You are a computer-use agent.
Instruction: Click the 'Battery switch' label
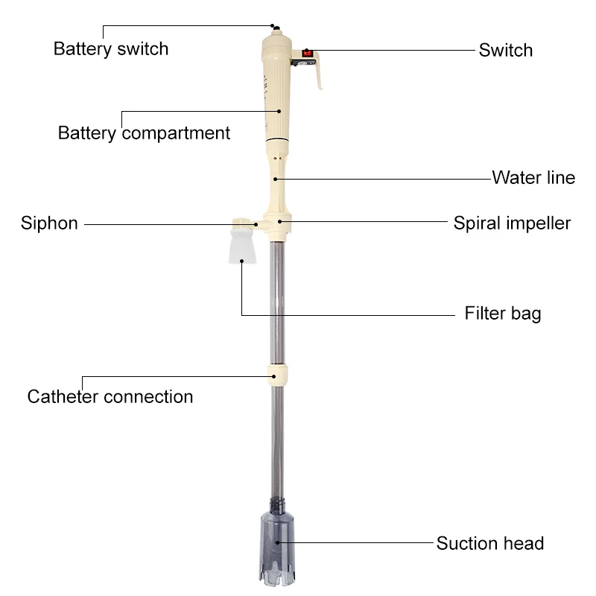coord(111,49)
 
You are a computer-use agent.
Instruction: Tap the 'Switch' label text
coord(506,51)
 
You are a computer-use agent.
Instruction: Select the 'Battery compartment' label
coord(144,133)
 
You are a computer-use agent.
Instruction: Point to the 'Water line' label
coord(533,178)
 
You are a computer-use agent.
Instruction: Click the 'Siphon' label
coord(49,223)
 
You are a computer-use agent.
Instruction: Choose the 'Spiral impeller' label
coord(513,223)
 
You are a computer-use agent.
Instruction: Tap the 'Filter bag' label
coord(503,313)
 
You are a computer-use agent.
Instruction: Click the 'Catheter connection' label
coord(110,396)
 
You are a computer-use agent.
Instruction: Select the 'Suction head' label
coord(490,543)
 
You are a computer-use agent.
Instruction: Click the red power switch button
coord(306,53)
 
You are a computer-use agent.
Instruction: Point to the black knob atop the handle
coord(276,28)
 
